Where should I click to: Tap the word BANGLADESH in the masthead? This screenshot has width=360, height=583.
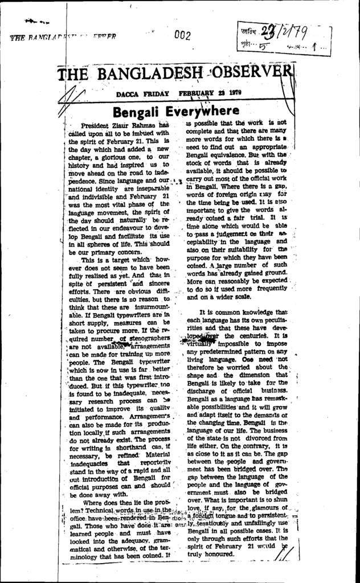coord(144,74)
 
